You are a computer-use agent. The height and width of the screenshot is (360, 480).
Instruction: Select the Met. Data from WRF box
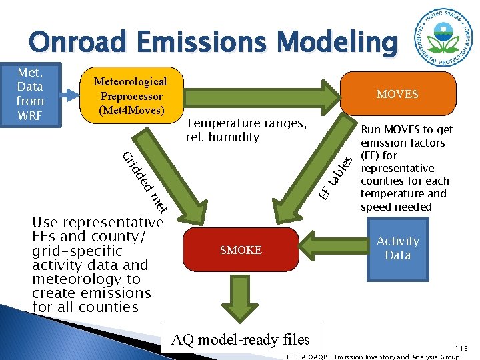pos(31,94)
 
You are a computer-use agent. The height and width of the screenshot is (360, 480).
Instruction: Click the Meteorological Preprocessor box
pos(131,95)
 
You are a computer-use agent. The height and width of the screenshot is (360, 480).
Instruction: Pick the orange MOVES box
pos(397,94)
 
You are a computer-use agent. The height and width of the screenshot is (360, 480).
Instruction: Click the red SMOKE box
pos(241,250)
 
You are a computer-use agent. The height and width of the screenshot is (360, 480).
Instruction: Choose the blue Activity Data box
pos(398,248)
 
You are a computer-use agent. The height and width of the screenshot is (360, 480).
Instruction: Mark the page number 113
pos(462,348)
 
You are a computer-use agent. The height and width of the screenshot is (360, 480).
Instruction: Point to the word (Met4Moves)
pos(131,109)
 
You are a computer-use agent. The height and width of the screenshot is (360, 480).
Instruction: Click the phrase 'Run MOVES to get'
pos(407,130)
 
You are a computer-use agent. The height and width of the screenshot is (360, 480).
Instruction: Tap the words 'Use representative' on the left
pos(98,222)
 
